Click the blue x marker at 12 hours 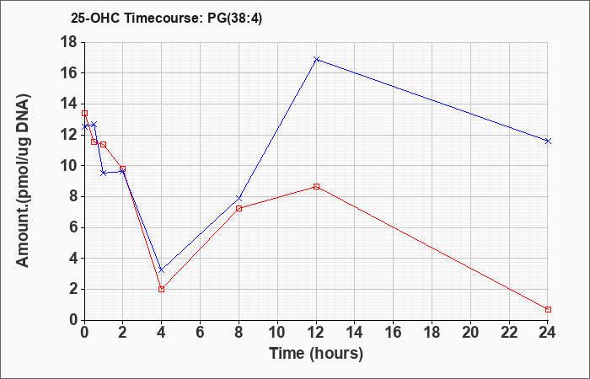pyautogui.click(x=316, y=60)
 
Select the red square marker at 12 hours pyautogui.click(x=316, y=186)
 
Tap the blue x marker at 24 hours pyautogui.click(x=548, y=141)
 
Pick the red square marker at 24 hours pyautogui.click(x=548, y=309)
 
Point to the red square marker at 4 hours pyautogui.click(x=162, y=289)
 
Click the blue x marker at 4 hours pyautogui.click(x=162, y=270)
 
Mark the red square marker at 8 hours pyautogui.click(x=239, y=208)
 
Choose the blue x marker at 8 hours pyautogui.click(x=239, y=198)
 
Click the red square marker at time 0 pyautogui.click(x=84, y=113)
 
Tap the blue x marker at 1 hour pyautogui.click(x=104, y=173)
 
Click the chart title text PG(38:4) pyautogui.click(x=235, y=19)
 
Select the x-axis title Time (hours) pyautogui.click(x=316, y=354)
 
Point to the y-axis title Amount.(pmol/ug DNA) pyautogui.click(x=23, y=180)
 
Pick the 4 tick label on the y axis pyautogui.click(x=73, y=259)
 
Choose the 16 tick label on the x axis pyautogui.click(x=394, y=333)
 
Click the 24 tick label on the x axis pyautogui.click(x=547, y=333)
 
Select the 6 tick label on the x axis pyautogui.click(x=201, y=333)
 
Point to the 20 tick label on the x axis pyautogui.click(x=470, y=333)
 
